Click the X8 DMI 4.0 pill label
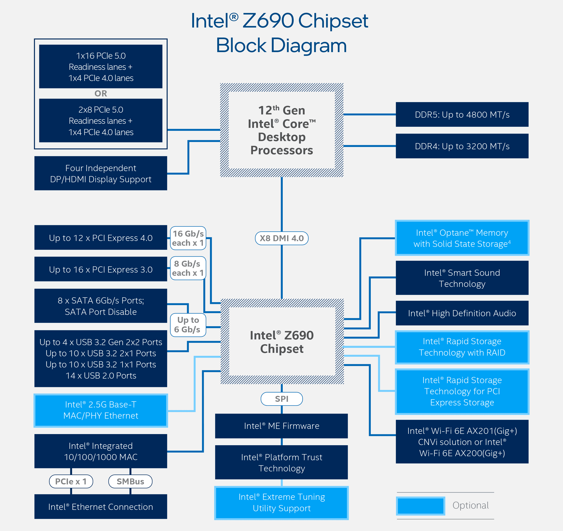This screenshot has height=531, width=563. [282, 238]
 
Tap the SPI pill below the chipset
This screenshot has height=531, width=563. [282, 399]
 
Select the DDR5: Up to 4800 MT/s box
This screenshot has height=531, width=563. [462, 114]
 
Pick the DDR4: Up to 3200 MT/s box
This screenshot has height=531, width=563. [462, 146]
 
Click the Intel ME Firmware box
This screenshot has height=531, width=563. [282, 426]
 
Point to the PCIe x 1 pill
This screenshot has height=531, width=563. [71, 481]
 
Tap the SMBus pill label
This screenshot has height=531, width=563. [130, 481]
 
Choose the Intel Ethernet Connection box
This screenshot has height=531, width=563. [101, 507]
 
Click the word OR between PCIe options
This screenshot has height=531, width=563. [101, 94]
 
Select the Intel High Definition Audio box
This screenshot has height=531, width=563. [462, 313]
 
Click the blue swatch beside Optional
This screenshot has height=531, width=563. [421, 506]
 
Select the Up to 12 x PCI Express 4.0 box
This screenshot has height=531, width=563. [101, 238]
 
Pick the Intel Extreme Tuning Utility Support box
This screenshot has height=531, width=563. [282, 503]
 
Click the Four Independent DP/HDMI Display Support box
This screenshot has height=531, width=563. [101, 173]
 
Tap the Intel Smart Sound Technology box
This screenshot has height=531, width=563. [462, 278]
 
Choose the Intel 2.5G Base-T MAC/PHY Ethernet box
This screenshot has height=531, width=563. [101, 410]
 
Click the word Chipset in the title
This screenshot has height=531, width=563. [333, 21]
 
